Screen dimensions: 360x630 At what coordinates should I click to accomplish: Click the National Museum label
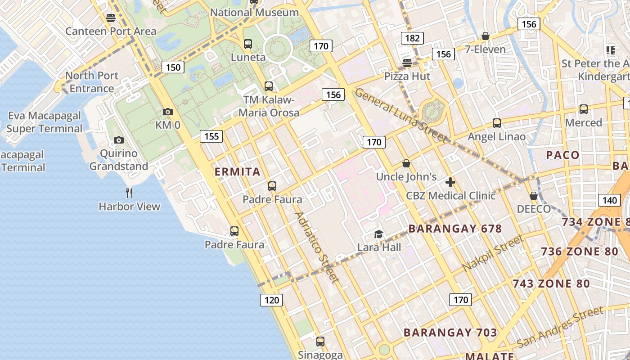pyautogui.click(x=254, y=13)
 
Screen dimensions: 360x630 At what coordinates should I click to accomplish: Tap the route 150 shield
pyautogui.click(x=173, y=67)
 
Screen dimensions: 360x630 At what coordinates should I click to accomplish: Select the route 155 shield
pyautogui.click(x=211, y=136)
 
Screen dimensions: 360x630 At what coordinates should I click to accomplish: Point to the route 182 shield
pyautogui.click(x=412, y=38)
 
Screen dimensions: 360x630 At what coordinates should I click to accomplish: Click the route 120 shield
pyautogui.click(x=271, y=300)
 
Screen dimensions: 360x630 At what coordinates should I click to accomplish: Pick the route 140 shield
pyautogui.click(x=609, y=200)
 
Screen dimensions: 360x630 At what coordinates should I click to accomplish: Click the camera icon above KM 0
pyautogui.click(x=167, y=112)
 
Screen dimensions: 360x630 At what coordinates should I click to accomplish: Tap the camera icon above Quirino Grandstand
pyautogui.click(x=119, y=140)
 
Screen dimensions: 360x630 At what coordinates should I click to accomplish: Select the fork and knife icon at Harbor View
pyautogui.click(x=129, y=193)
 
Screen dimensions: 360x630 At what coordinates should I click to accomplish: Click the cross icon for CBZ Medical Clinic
pyautogui.click(x=450, y=182)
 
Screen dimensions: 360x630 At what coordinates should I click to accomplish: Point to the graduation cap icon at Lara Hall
pyautogui.click(x=378, y=234)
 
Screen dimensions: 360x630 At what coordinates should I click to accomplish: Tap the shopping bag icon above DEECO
pyautogui.click(x=533, y=196)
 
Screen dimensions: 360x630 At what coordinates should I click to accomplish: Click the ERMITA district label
pyautogui.click(x=238, y=171)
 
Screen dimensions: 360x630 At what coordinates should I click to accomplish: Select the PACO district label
pyautogui.click(x=563, y=155)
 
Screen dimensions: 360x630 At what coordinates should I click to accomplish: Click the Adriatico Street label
pyautogui.click(x=316, y=247)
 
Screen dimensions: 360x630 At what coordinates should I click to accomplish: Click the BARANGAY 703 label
pyautogui.click(x=450, y=333)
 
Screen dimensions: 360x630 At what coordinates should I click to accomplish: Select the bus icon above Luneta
pyautogui.click(x=247, y=44)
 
